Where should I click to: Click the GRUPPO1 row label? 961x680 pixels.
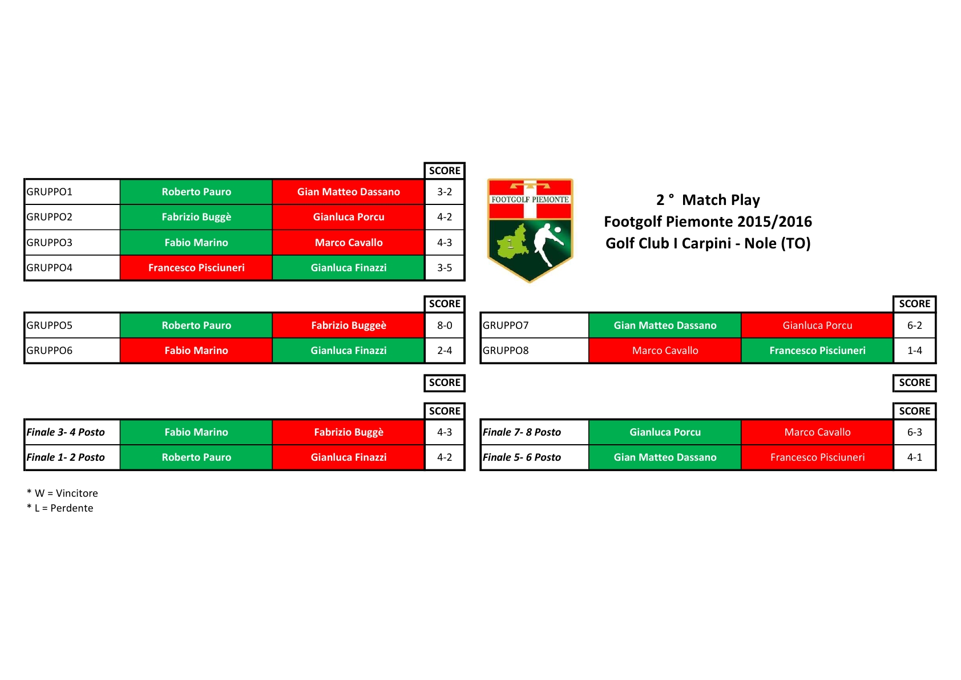click(x=49, y=192)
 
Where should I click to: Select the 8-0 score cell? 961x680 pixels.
click(x=445, y=325)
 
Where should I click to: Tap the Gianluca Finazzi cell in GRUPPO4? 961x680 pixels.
click(x=348, y=268)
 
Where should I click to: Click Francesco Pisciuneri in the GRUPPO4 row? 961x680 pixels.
click(x=196, y=268)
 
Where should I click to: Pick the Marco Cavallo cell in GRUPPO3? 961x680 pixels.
click(x=348, y=243)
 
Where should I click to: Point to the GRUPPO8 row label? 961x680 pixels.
click(x=506, y=351)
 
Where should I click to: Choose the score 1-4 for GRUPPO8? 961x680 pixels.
click(x=914, y=351)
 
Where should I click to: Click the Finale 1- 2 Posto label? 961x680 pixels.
click(x=66, y=457)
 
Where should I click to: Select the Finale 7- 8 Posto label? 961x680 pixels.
click(x=522, y=432)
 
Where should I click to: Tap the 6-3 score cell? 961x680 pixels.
click(x=914, y=432)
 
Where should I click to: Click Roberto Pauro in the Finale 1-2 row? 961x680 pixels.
click(x=196, y=457)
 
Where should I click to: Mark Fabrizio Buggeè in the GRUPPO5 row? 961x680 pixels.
click(x=348, y=325)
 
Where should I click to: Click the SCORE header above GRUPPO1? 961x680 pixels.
click(x=445, y=171)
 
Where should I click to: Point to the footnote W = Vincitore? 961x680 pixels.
click(x=62, y=493)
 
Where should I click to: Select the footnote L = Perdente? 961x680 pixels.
click(x=59, y=508)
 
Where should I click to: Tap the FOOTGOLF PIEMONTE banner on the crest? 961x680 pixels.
click(x=530, y=200)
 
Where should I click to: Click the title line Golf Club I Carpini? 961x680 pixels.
click(x=708, y=243)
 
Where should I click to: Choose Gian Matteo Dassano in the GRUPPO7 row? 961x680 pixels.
click(x=665, y=325)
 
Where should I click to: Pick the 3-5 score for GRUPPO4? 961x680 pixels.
click(x=445, y=268)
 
